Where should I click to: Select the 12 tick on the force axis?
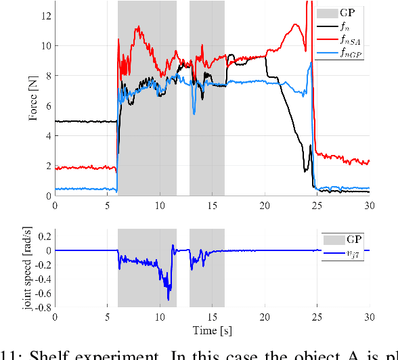coord(45,15)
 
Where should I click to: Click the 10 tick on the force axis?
coord(45,45)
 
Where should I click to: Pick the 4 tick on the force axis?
coord(48,136)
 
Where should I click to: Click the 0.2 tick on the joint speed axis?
coord(44,236)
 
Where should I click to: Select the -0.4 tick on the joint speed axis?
coord(42,279)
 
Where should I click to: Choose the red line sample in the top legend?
coord(329,41)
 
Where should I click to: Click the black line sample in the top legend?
coord(329,26)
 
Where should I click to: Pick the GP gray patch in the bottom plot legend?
coord(332,239)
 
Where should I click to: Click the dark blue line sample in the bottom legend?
coord(332,253)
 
